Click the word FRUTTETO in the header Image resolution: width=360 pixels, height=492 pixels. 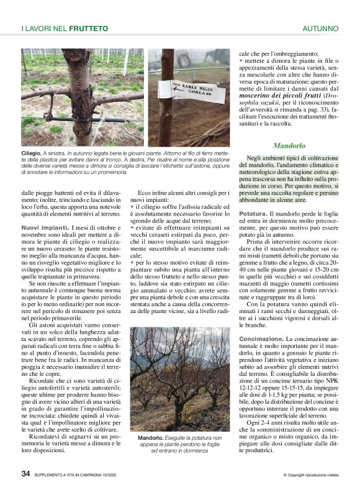pos(89,29)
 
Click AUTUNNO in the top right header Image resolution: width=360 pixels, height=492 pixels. pos(320,29)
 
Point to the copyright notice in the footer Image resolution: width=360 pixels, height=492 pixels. pos(310,475)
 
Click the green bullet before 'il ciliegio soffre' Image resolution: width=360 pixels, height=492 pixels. pos(132,206)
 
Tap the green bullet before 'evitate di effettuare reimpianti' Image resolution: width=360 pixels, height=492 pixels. pos(132,229)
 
